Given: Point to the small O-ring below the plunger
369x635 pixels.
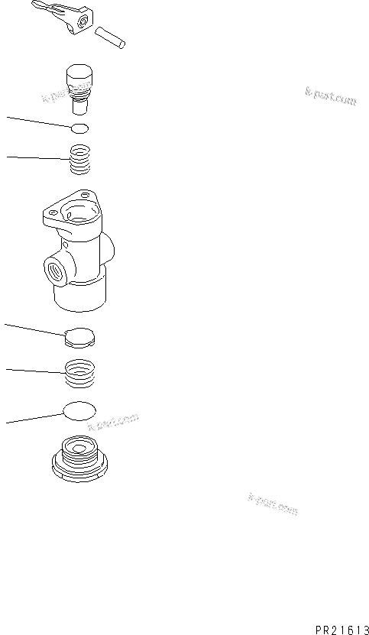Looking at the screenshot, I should point(79,128).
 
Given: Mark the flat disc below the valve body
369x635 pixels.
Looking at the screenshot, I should point(79,335).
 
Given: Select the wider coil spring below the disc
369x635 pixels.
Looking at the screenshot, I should point(79,374).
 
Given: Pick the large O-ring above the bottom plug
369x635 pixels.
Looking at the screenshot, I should point(79,410).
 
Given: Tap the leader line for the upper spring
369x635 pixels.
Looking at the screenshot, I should point(38,158).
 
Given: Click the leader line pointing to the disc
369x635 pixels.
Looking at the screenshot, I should point(34,329).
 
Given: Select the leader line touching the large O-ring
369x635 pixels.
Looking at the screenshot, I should point(34,418).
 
